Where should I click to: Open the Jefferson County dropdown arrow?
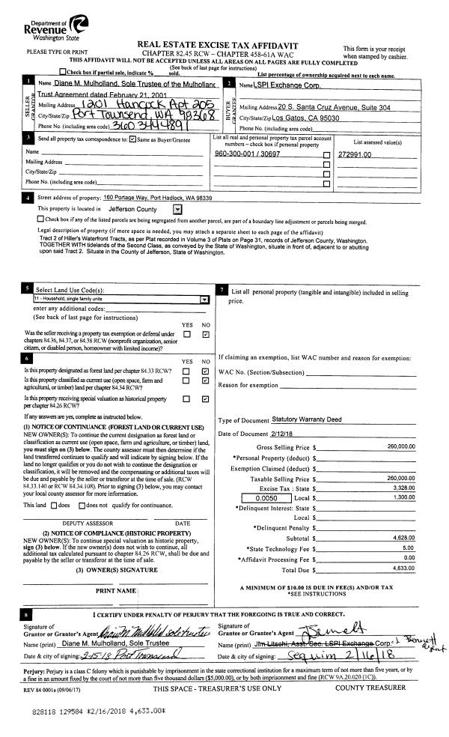[x=177, y=209]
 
